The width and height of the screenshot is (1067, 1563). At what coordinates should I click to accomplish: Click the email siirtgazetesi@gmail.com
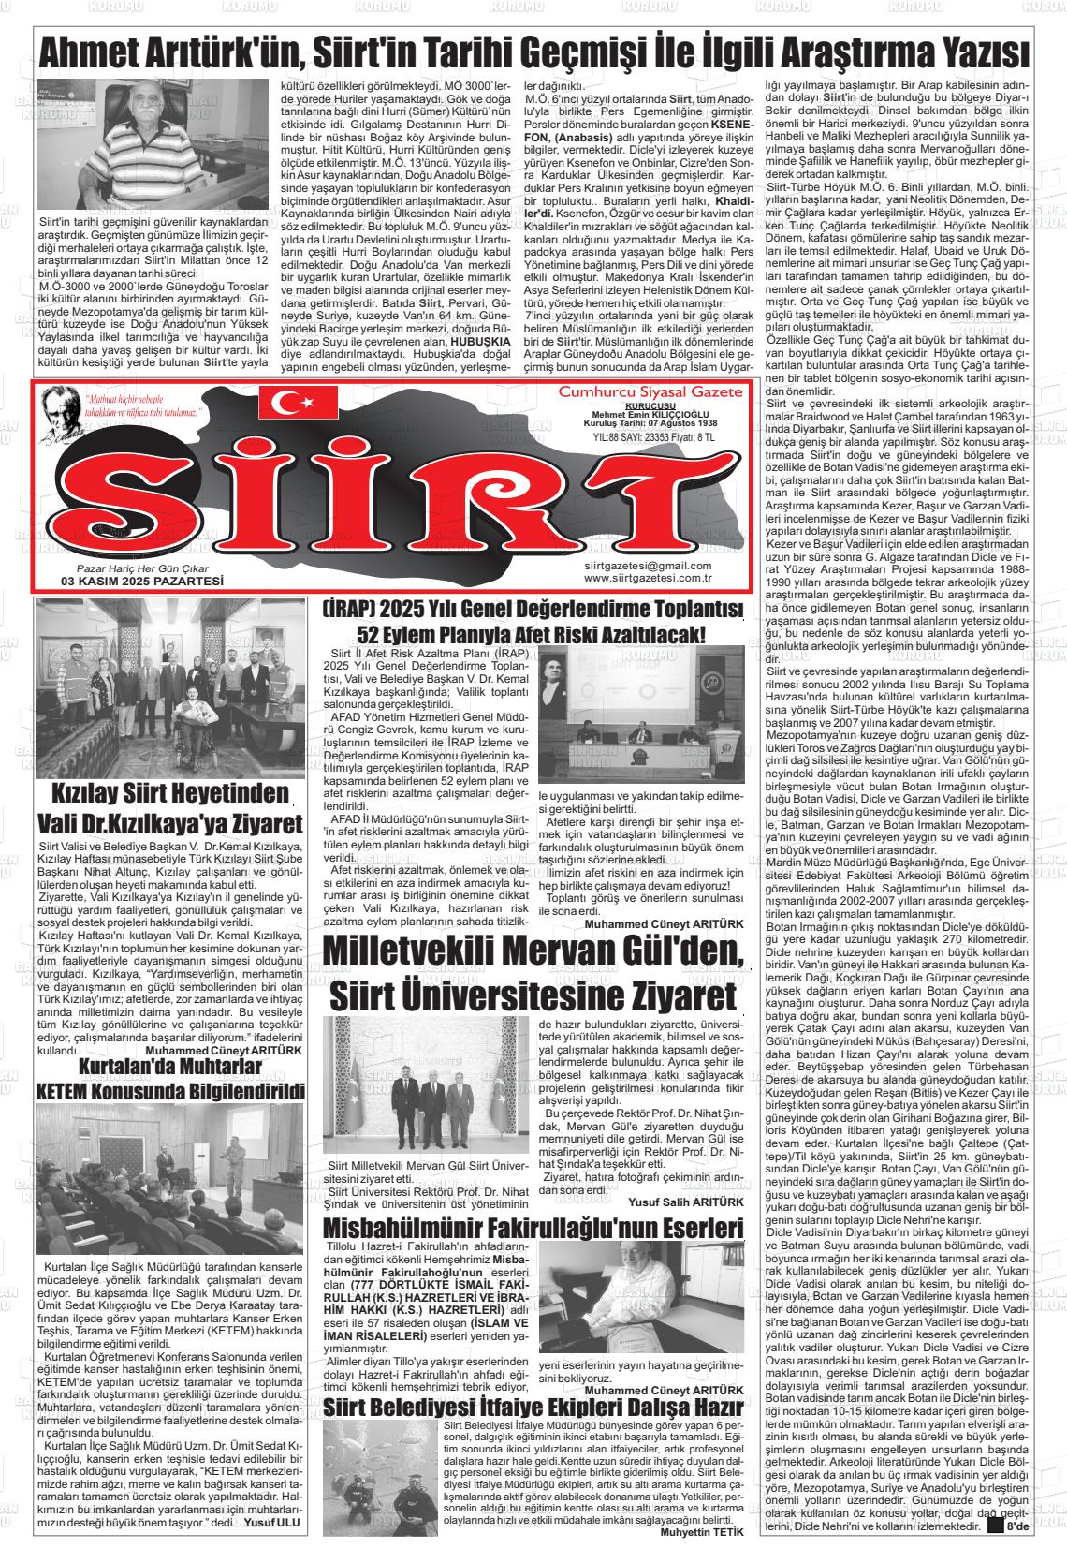pyautogui.click(x=647, y=566)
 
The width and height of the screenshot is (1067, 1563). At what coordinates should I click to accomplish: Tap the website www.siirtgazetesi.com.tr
pyautogui.click(x=647, y=578)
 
